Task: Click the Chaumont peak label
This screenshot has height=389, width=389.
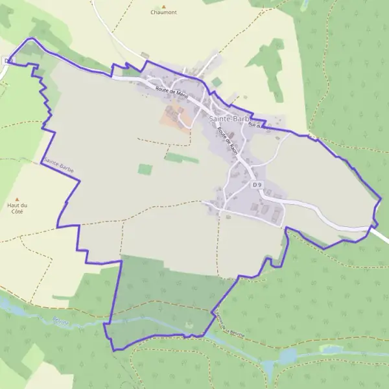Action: (163, 12)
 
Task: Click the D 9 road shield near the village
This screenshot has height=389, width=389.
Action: (257, 185)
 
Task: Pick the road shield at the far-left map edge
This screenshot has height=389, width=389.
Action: (7, 61)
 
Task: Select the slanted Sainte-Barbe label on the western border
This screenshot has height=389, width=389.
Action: (58, 165)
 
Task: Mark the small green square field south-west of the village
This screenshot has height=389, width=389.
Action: (145, 169)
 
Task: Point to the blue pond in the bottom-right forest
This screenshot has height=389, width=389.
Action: (287, 355)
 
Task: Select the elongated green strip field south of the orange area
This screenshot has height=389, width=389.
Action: (182, 158)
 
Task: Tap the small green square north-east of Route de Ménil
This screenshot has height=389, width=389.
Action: (217, 82)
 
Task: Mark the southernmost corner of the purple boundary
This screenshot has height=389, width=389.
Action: (115, 351)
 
